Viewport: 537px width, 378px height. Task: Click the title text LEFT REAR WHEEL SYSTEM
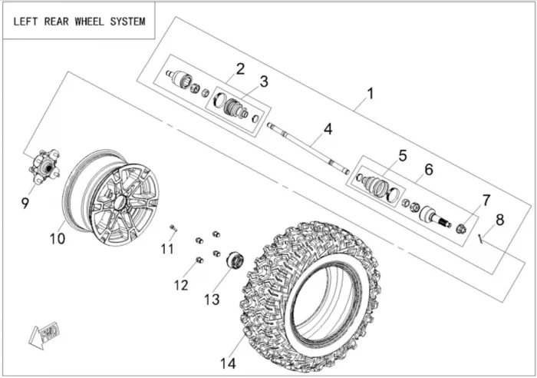(x=79, y=22)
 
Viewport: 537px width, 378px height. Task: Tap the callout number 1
(x=371, y=94)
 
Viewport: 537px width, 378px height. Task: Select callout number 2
(x=240, y=69)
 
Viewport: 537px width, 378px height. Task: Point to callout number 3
(x=263, y=81)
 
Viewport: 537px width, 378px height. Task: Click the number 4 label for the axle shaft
(x=328, y=128)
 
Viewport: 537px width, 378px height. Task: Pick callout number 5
(x=402, y=156)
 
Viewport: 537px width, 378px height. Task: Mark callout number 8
(x=500, y=220)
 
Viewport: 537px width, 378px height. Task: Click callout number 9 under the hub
(x=26, y=203)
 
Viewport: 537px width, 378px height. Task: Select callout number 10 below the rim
(x=58, y=239)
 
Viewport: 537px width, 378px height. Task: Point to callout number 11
(x=168, y=248)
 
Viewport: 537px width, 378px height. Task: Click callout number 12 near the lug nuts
(x=180, y=285)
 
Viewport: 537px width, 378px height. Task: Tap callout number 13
(x=210, y=297)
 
